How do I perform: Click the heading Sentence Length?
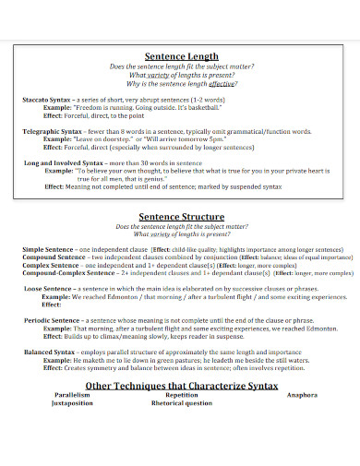pyautogui.click(x=182, y=56)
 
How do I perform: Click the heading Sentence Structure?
pyautogui.click(x=182, y=216)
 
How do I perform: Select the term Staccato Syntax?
pyautogui.click(x=47, y=99)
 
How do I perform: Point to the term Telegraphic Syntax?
pyautogui.click(x=53, y=131)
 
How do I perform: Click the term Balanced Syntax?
pyautogui.click(x=49, y=352)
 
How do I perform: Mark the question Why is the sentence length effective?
pyautogui.click(x=182, y=83)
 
